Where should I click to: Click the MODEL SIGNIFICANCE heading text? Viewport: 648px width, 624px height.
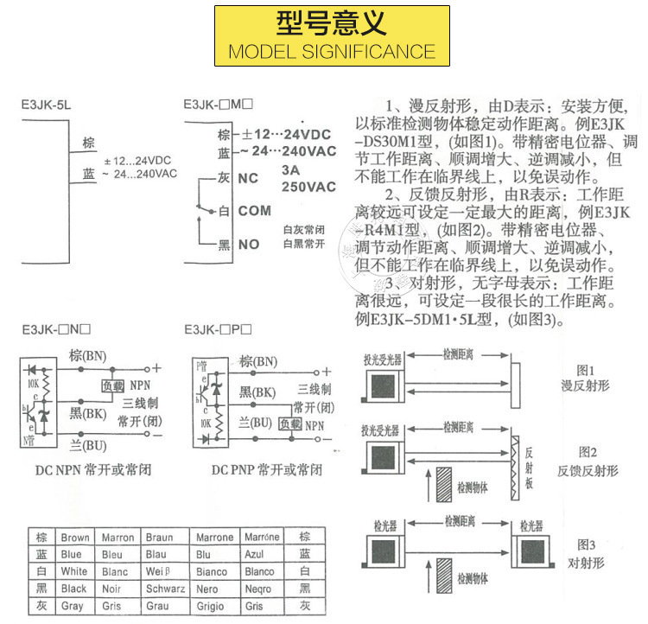click(x=332, y=51)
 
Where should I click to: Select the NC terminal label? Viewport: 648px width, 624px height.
click(x=248, y=178)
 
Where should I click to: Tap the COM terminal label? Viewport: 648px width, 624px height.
click(x=255, y=211)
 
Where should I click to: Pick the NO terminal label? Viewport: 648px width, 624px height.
click(x=249, y=245)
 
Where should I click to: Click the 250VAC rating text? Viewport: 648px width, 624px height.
click(x=308, y=187)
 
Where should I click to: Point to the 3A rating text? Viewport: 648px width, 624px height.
click(x=291, y=170)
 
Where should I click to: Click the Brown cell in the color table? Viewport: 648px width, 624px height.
click(x=75, y=538)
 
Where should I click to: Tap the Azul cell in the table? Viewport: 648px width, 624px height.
click(x=257, y=555)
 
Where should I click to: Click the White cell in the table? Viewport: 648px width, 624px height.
click(x=74, y=572)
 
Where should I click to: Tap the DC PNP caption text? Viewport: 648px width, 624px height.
click(x=266, y=470)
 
